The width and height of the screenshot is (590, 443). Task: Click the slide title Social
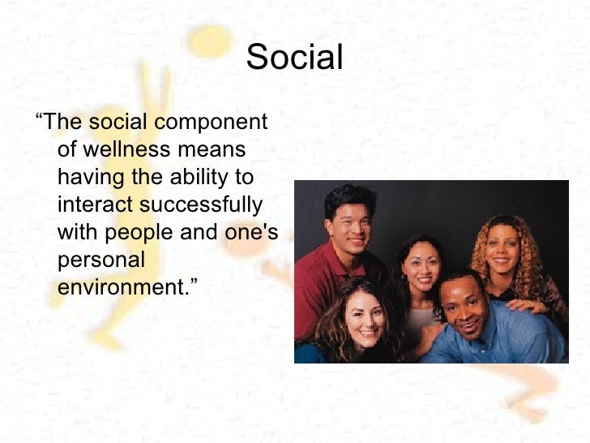[x=295, y=57]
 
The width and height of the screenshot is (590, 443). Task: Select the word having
[x=88, y=177]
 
